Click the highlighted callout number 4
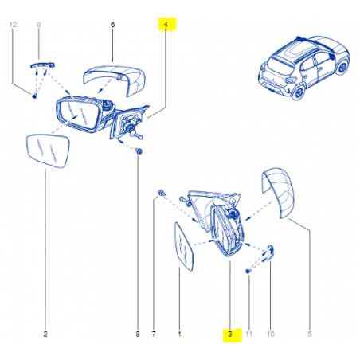click(x=166, y=25)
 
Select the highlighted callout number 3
click(x=230, y=334)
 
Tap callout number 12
click(x=13, y=25)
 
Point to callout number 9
click(x=39, y=25)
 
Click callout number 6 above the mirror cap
click(x=112, y=25)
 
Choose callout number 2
click(x=45, y=334)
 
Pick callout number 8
click(x=138, y=334)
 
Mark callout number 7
click(x=154, y=334)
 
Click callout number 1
click(x=179, y=334)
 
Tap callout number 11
click(x=248, y=334)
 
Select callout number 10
click(x=270, y=334)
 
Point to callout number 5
click(x=310, y=334)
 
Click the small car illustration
click(x=303, y=68)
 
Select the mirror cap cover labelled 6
click(x=115, y=80)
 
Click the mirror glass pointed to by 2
click(x=48, y=151)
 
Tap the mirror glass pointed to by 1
click(x=183, y=247)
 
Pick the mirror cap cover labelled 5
click(x=279, y=193)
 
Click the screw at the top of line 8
click(x=139, y=151)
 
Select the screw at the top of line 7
click(x=162, y=193)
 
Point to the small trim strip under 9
click(x=42, y=65)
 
